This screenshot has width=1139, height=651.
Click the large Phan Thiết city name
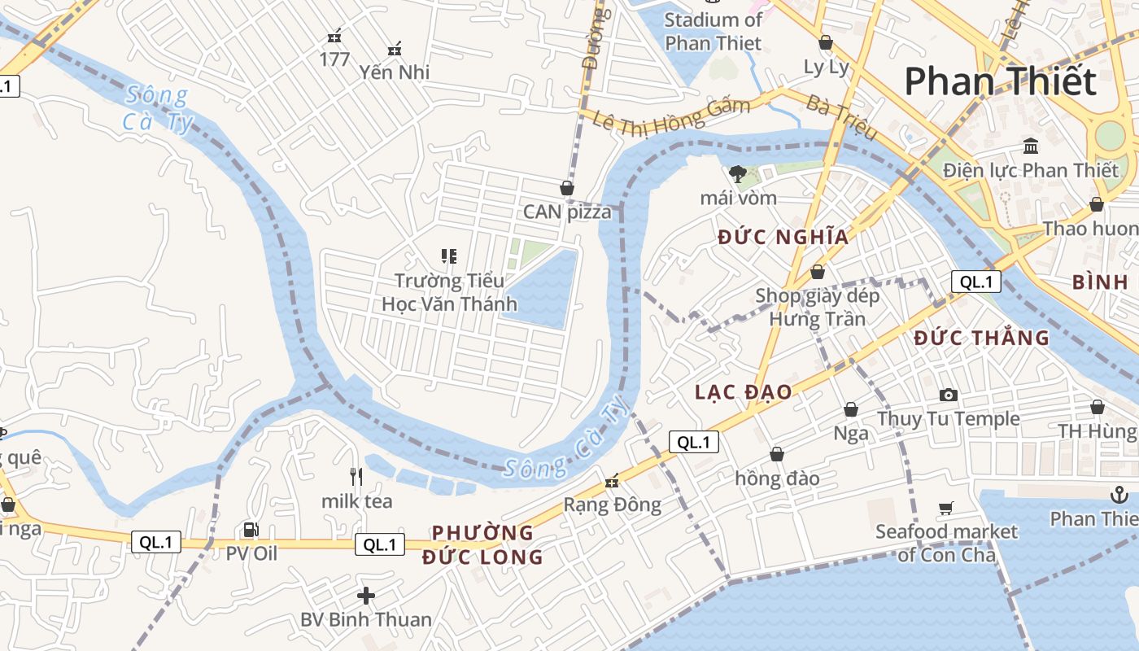(1000, 81)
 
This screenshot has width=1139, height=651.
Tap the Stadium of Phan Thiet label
(714, 31)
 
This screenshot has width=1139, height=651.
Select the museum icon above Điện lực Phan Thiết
(1031, 146)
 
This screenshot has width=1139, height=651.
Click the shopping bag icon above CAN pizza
(567, 188)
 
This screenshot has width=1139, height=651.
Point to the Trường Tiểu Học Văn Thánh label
(449, 292)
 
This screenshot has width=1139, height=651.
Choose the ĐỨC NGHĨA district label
(783, 237)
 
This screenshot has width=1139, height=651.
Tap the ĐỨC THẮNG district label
(981, 338)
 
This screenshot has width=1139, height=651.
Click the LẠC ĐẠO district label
(743, 391)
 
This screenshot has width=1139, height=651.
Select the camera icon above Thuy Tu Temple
(948, 395)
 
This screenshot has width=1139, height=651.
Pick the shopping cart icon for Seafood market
(945, 509)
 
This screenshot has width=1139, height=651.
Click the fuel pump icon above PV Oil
(251, 530)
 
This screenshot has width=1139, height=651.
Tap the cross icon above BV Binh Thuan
(366, 596)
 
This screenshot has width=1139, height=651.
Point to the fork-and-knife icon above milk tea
(356, 476)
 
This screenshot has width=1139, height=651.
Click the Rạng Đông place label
(613, 505)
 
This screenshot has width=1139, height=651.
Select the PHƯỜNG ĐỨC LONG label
(482, 544)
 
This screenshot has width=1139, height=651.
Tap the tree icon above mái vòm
(738, 173)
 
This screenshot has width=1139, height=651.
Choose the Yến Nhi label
(395, 72)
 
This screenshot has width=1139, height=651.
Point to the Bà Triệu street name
(841, 117)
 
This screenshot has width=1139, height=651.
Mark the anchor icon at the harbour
(1119, 494)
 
